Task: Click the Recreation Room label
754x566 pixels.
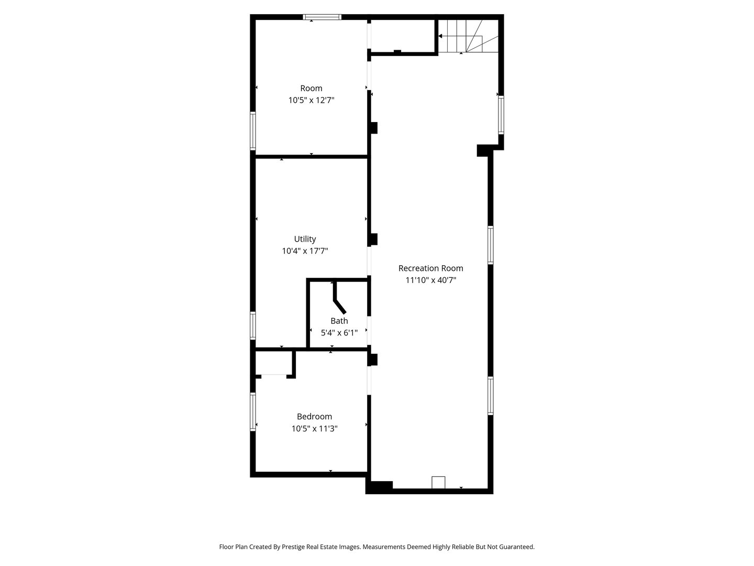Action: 430,268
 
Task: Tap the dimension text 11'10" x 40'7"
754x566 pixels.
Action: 430,280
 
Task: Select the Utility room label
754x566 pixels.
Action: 305,239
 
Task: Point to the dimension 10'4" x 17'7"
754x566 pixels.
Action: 305,251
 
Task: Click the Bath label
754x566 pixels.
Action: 339,321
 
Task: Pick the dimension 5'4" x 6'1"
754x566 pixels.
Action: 339,332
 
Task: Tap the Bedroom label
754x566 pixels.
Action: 314,417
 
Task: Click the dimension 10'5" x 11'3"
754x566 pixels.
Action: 314,429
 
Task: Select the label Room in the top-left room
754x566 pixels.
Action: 311,88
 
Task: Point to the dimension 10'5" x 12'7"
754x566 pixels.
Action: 311,100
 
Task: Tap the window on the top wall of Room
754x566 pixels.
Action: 323,17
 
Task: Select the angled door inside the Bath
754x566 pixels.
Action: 339,305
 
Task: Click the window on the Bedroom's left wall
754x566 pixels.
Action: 253,411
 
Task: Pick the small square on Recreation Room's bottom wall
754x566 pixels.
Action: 438,482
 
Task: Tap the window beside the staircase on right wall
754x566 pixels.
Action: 501,115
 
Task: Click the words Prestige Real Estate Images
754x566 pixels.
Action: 321,547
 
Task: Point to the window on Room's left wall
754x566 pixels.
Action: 253,131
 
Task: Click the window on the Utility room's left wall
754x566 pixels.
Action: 253,325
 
